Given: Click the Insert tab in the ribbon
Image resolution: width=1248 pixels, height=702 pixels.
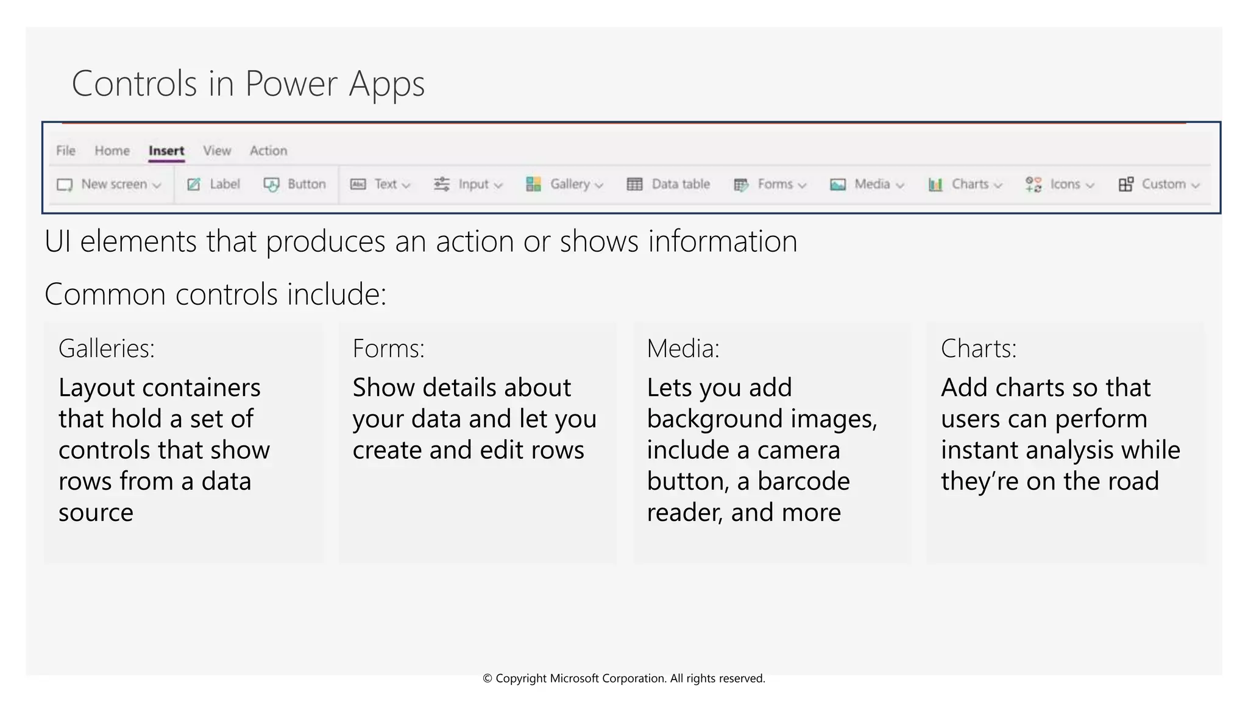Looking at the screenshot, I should [166, 151].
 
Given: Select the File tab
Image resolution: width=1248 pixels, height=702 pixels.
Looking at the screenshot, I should [66, 151].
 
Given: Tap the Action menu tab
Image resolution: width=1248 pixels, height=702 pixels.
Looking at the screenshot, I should [268, 151].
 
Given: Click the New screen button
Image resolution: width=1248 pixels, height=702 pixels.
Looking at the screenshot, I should [109, 184].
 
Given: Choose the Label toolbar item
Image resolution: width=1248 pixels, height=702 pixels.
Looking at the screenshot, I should [214, 184].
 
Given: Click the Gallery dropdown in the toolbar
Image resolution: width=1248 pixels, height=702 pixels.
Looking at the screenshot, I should [564, 184].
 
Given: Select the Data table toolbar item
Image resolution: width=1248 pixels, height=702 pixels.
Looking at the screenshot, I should [668, 184].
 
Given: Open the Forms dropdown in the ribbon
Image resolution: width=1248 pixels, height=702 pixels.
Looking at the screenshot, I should [770, 184].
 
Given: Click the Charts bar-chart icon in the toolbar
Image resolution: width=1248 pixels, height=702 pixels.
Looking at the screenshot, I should [935, 184].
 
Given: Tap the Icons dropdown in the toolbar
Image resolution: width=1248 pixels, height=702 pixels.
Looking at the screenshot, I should [1060, 184].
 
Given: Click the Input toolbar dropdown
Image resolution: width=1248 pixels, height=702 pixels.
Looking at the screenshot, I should [468, 184].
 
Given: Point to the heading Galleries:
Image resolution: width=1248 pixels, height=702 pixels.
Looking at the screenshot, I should [107, 349].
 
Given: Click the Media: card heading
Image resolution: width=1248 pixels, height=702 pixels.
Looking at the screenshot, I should [682, 349].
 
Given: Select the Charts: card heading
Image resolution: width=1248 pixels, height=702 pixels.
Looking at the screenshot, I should [979, 349].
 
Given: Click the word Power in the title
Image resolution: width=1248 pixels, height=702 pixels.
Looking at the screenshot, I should [291, 83].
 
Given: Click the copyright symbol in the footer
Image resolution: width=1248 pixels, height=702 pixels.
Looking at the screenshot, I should [487, 678].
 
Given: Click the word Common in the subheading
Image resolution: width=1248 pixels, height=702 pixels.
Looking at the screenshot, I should [105, 294].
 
